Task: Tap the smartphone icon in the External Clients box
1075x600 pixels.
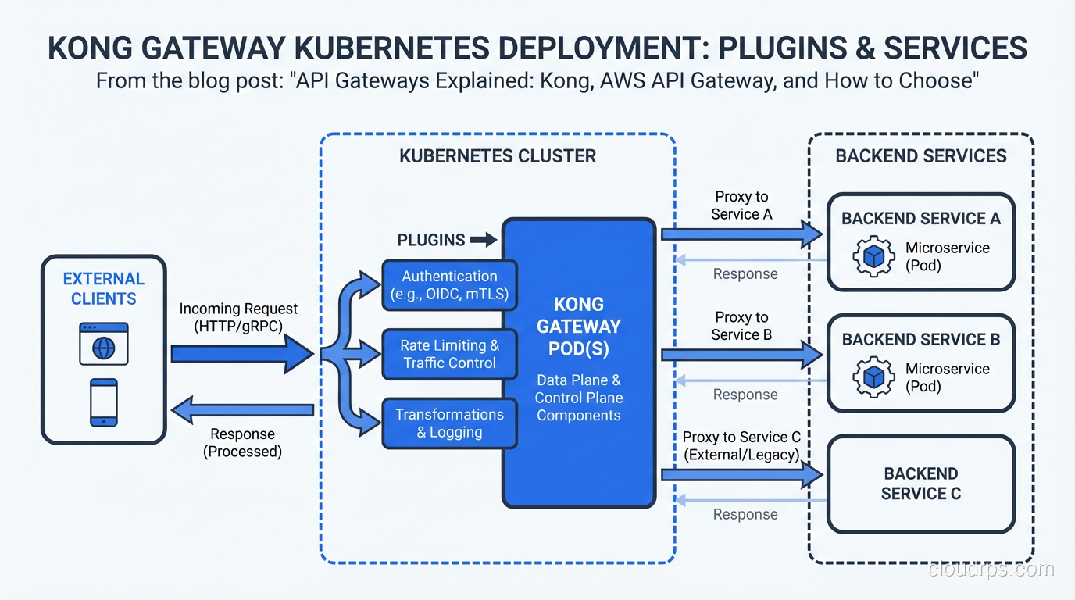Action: point(103,402)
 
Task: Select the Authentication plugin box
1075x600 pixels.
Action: point(449,285)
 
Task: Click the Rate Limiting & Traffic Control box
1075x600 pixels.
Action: point(449,354)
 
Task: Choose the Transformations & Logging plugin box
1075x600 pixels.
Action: point(449,423)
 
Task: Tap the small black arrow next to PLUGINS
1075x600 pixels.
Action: point(484,240)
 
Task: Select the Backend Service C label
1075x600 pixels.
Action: point(920,484)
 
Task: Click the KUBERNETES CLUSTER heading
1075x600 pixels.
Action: point(497,156)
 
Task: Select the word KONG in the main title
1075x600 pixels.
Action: point(92,48)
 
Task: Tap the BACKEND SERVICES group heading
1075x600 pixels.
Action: point(920,156)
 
